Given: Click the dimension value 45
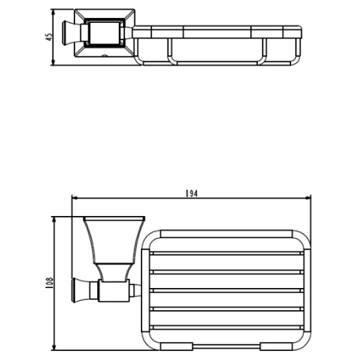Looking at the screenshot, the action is [x=49, y=37].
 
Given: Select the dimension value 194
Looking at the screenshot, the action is [x=191, y=194].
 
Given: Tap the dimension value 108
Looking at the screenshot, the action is [x=50, y=283].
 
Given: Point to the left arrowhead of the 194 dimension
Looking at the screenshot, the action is [x=74, y=197].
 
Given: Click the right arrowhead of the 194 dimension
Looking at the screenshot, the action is [x=308, y=197].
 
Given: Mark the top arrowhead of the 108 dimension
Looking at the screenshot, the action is [x=54, y=220].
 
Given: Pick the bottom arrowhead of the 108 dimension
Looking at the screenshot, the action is [x=54, y=347].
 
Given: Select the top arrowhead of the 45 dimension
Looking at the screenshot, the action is [x=53, y=13].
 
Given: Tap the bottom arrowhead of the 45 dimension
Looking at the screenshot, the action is [x=53, y=62].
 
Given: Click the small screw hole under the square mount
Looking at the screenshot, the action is [x=104, y=56].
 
